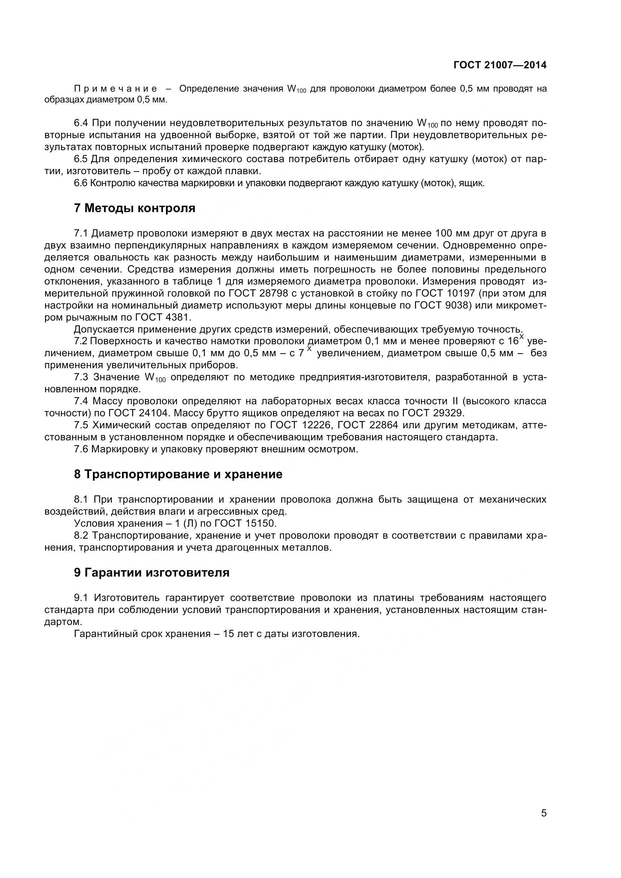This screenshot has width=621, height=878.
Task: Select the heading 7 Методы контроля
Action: (135, 208)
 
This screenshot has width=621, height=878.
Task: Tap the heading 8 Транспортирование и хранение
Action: (178, 474)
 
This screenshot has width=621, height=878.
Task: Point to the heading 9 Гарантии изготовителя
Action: (152, 572)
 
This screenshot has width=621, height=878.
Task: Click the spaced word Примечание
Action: (116, 89)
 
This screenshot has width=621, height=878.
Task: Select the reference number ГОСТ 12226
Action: (299, 425)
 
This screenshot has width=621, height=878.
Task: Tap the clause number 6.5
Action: (81, 159)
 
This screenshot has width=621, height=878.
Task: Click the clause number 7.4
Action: (81, 401)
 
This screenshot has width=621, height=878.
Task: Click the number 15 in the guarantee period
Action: (228, 634)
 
